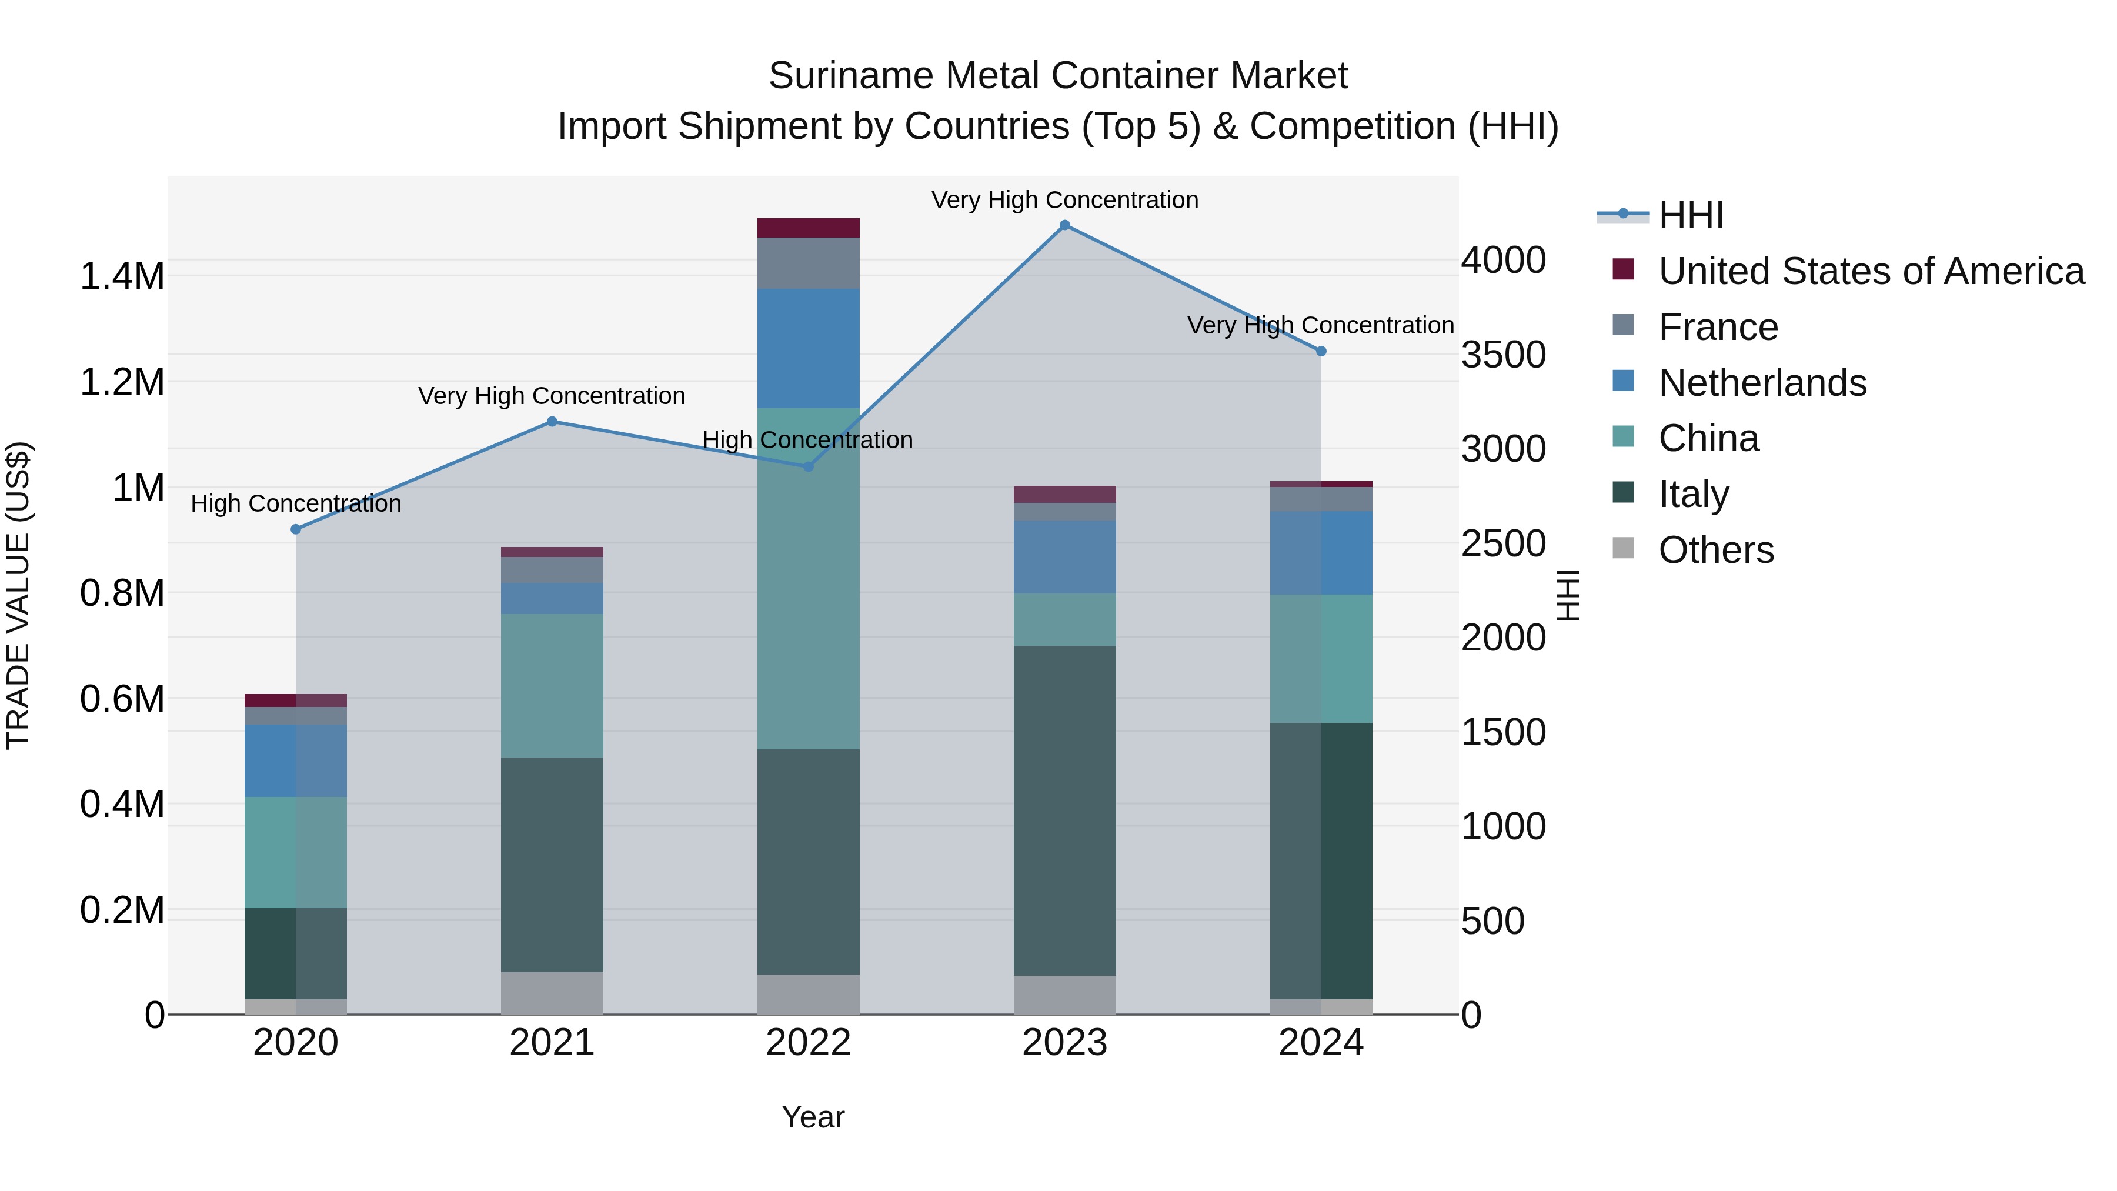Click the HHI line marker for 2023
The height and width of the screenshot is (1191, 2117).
tap(1064, 225)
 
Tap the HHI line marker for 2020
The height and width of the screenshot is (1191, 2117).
tap(296, 529)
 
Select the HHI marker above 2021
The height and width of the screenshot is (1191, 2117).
tap(552, 422)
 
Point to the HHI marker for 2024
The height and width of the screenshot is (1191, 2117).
tap(1321, 351)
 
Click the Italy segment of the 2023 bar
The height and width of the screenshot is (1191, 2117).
tap(1064, 810)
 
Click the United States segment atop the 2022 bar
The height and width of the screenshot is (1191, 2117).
tap(808, 228)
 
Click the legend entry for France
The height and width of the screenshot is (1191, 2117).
tap(1718, 327)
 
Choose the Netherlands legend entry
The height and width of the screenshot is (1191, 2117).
tap(1762, 383)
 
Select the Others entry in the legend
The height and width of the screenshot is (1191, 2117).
tap(1715, 550)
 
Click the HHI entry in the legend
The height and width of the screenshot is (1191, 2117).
tap(1691, 215)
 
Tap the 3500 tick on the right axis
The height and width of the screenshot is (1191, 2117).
tap(1503, 355)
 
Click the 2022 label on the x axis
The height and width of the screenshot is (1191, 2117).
tap(808, 1043)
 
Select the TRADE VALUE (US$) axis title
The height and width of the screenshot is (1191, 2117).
tap(18, 595)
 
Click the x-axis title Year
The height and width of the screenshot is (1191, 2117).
tap(813, 1117)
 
